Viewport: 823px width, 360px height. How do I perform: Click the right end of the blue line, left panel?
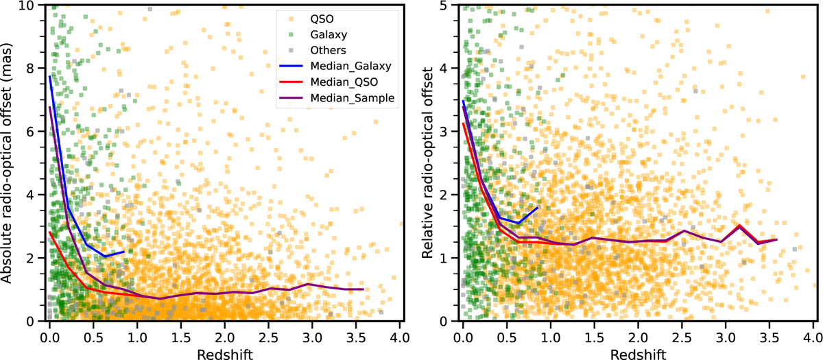124,252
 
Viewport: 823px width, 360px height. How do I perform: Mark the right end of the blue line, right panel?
538,207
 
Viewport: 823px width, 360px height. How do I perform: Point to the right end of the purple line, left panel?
363,289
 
